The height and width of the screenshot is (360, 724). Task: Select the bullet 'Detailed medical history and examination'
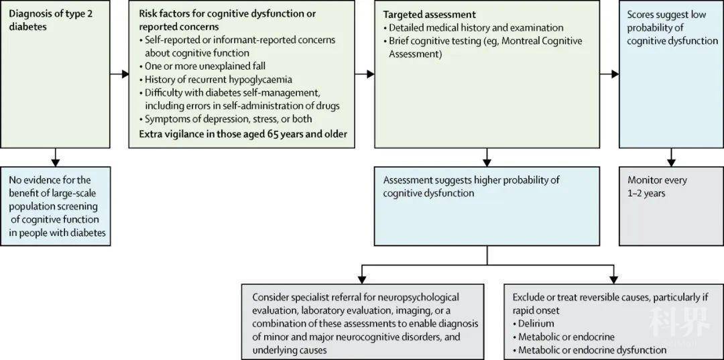click(x=476, y=27)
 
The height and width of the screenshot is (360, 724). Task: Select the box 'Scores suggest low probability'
click(x=670, y=74)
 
